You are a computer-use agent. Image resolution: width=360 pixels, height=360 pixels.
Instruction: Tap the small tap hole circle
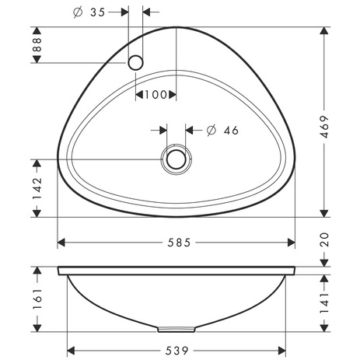136,61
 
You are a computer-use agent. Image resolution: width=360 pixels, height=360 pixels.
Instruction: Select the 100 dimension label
156,95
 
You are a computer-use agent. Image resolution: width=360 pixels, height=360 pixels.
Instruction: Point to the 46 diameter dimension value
229,130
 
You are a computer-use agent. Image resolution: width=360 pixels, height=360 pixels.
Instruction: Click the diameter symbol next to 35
78,13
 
